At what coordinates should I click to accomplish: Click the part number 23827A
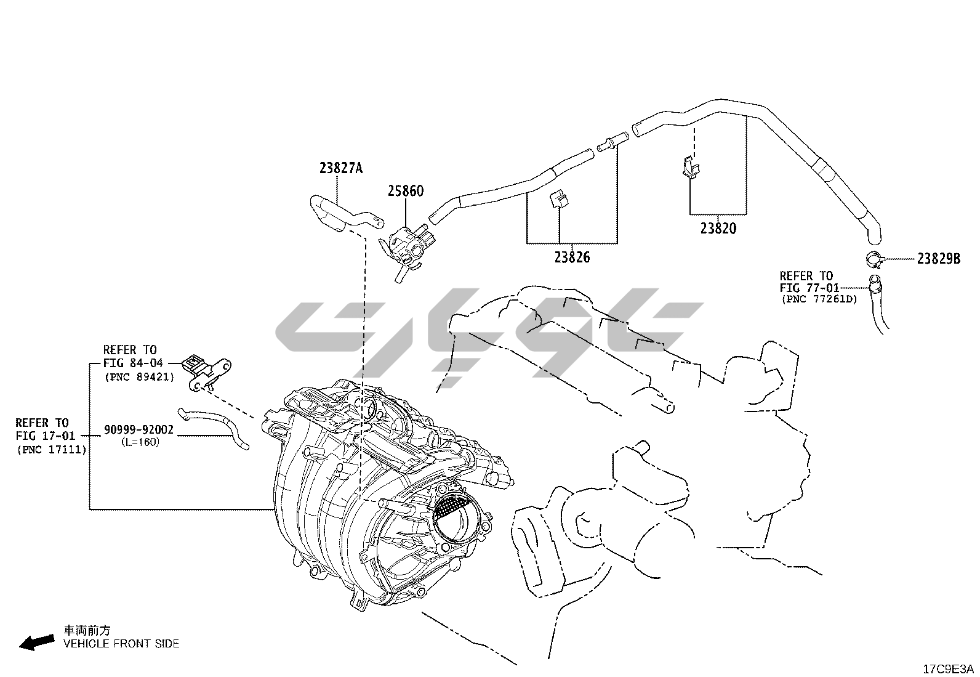341,168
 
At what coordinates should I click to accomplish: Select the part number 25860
405,192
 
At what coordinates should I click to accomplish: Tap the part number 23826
571,257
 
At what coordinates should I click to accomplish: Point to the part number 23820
718,229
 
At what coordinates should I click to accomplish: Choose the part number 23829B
938,259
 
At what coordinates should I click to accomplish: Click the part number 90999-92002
139,430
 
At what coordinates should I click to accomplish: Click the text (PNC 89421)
140,376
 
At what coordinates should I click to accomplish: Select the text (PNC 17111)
51,450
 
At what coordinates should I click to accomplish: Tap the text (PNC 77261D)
819,300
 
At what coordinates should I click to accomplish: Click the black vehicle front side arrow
36,643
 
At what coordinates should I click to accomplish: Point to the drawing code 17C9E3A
948,669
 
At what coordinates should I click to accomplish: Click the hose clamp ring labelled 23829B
874,259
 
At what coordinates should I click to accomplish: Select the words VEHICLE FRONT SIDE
121,644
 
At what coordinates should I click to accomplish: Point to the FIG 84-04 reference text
133,363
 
